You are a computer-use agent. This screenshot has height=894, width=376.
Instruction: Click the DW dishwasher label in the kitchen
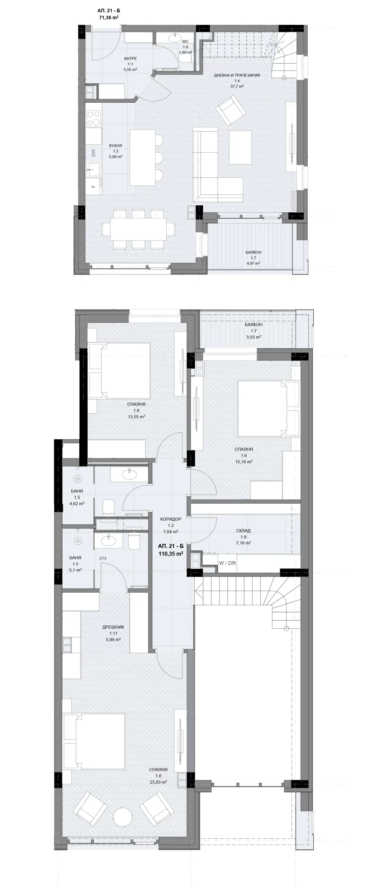click(x=93, y=153)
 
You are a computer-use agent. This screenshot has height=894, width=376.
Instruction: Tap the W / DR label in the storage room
click(x=227, y=563)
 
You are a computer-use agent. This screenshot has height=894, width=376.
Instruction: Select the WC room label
click(x=185, y=42)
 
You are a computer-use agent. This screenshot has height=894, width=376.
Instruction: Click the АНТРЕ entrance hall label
click(x=130, y=58)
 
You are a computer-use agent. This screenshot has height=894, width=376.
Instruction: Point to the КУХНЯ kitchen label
click(x=115, y=146)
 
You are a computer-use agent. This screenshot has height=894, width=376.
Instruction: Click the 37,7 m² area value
click(x=237, y=86)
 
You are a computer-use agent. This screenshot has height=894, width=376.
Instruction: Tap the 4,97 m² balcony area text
click(x=253, y=263)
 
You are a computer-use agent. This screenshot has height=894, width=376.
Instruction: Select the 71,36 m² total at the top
click(x=109, y=17)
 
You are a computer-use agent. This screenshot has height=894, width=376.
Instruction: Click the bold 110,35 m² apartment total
click(x=171, y=553)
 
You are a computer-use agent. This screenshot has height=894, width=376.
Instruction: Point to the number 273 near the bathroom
click(x=102, y=558)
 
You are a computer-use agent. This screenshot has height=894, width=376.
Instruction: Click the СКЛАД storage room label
click(x=243, y=530)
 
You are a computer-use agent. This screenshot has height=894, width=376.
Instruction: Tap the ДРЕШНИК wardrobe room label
click(x=113, y=627)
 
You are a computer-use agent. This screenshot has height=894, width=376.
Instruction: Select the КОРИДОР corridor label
click(x=171, y=519)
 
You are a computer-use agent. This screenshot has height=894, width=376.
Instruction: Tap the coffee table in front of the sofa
click(x=240, y=147)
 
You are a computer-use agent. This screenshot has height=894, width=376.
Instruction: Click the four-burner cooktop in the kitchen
click(x=93, y=118)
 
